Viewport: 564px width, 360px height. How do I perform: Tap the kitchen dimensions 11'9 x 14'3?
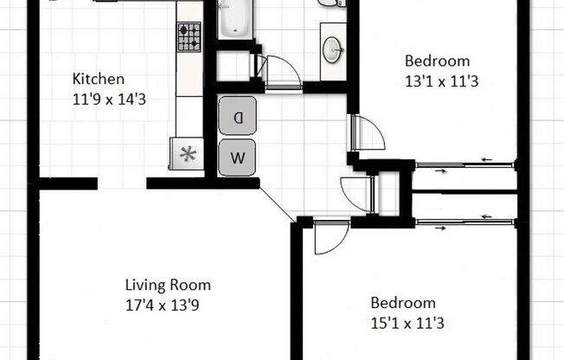(109, 99)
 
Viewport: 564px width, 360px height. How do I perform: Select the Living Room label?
(168, 285)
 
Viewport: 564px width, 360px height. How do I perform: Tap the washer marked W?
(237, 158)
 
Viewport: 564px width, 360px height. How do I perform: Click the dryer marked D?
(237, 115)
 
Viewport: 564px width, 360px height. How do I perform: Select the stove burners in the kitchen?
(189, 37)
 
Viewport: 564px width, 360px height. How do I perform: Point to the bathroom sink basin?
(332, 48)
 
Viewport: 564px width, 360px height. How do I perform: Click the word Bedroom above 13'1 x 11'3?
(437, 61)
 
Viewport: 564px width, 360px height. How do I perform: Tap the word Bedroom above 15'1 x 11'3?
(402, 303)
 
